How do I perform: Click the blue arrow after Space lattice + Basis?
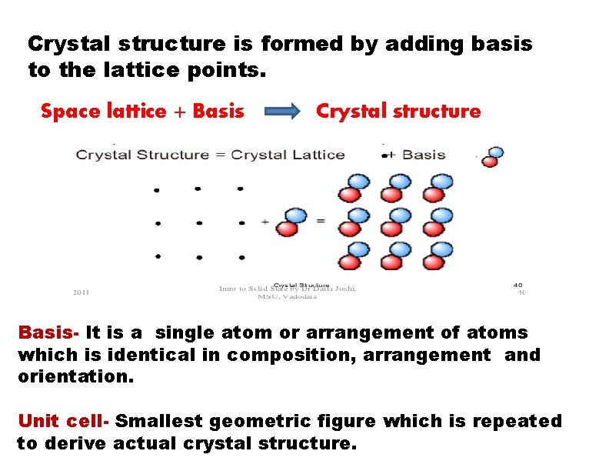click(283, 112)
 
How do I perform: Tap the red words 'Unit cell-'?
click(65, 422)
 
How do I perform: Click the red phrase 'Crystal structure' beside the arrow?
click(398, 112)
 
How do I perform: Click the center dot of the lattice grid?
click(199, 223)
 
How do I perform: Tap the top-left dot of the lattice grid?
click(158, 189)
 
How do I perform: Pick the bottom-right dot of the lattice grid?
click(241, 257)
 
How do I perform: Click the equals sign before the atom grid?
click(320, 222)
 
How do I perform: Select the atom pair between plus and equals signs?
click(291, 222)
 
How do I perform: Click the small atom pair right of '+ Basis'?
click(491, 156)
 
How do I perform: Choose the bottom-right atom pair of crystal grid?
click(438, 256)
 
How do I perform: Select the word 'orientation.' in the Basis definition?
click(75, 378)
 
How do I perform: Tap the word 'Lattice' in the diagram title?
click(317, 155)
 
